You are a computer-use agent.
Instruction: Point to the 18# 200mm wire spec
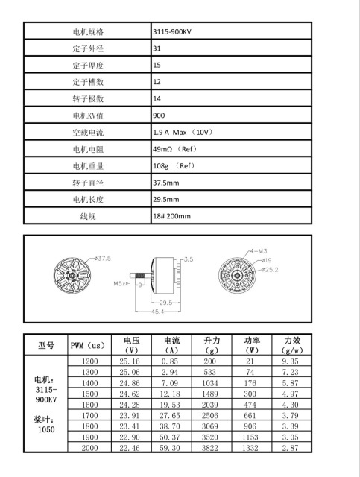(171, 216)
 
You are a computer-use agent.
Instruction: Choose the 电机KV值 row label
(88, 116)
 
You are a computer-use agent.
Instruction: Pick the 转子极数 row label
(88, 98)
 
